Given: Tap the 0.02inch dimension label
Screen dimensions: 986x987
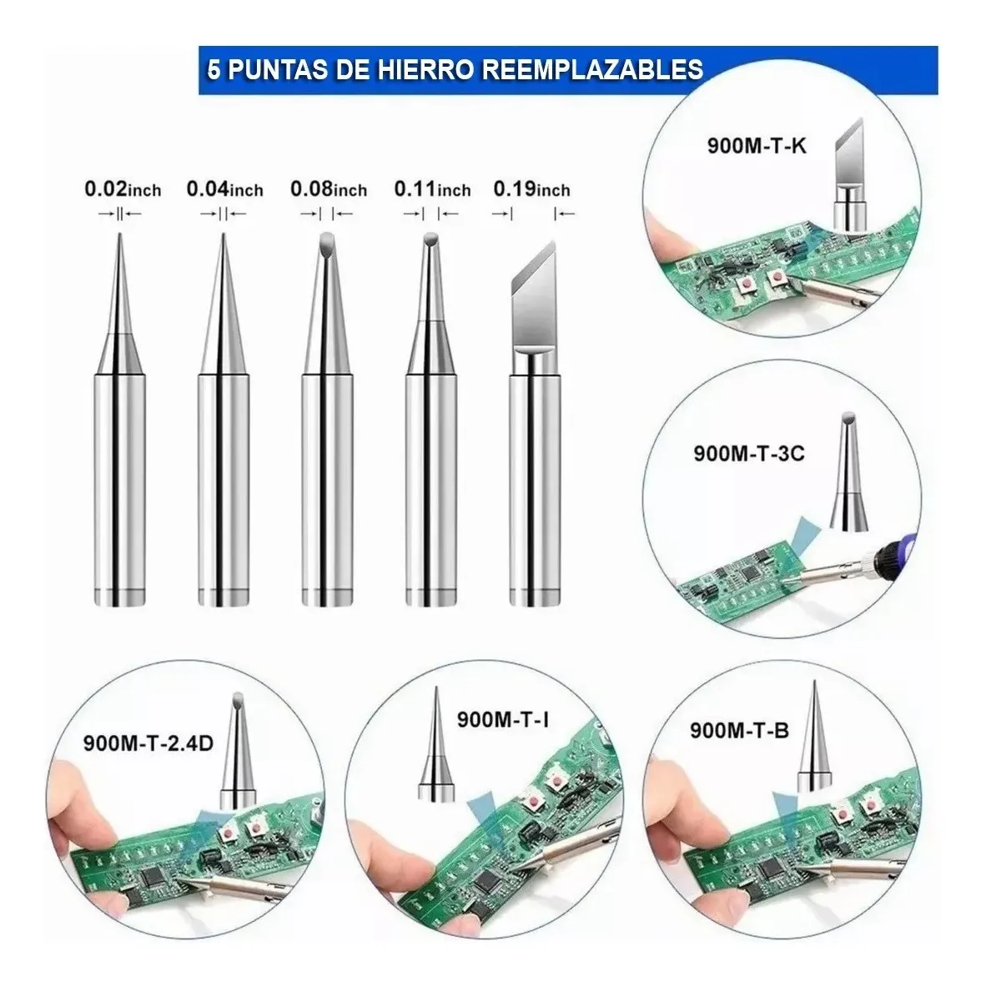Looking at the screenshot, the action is pos(123,189).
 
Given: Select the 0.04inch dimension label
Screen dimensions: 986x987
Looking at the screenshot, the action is pos(224,189).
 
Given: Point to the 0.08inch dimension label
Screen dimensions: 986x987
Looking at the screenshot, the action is pos(329,189).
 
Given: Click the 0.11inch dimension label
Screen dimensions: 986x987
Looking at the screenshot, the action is pos(432,189).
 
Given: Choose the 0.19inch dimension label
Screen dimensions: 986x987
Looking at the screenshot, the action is pos(531,189).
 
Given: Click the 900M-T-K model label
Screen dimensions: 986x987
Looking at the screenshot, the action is pos(757,146).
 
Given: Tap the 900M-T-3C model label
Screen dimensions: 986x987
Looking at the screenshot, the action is pos(749,454).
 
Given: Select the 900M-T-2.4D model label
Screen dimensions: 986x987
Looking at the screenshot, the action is pos(148,743).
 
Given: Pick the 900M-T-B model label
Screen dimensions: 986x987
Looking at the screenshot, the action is pos(739,731).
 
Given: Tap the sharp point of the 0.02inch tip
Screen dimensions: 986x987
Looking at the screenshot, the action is pos(119,234).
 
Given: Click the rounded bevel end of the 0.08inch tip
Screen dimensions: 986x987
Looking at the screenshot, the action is pos(327,239).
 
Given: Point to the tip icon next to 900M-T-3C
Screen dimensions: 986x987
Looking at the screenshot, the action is pos(848,471).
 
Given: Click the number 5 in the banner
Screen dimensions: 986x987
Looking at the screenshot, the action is pos(214,69).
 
